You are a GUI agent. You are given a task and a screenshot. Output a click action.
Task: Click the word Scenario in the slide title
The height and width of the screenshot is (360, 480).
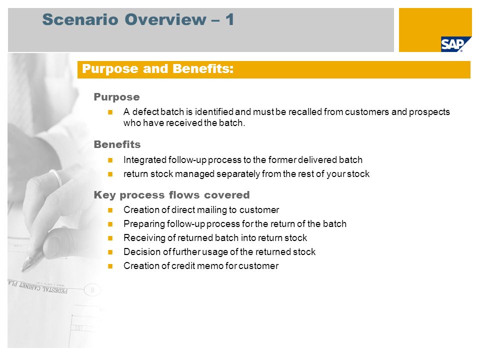tap(80, 19)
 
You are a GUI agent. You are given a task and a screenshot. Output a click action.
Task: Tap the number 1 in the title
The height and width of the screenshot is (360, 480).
tap(229, 19)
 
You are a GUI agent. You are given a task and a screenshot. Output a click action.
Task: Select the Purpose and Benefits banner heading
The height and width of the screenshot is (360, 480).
tap(157, 69)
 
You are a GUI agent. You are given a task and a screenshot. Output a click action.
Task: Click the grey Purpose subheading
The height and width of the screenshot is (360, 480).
tap(116, 97)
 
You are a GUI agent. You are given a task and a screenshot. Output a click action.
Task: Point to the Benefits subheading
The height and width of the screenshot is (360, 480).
tap(117, 144)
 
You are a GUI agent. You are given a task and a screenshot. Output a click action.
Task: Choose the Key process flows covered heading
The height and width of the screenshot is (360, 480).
tap(171, 195)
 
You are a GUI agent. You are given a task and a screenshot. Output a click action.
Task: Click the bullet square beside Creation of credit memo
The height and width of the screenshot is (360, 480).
tap(110, 266)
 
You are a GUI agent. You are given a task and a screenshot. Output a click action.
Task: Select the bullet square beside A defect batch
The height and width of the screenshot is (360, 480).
tap(110, 112)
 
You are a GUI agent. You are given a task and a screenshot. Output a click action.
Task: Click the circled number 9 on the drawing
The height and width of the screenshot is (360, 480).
tap(92, 290)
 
